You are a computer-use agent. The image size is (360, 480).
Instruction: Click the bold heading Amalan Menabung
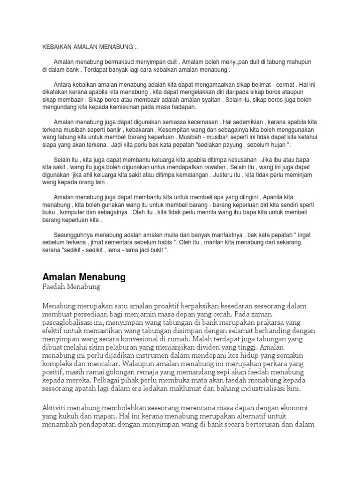point(84,277)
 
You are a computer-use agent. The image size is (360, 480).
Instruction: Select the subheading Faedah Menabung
point(71,286)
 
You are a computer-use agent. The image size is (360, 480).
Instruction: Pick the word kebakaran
point(143,129)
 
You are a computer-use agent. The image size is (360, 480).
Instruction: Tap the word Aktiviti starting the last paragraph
point(56,407)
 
